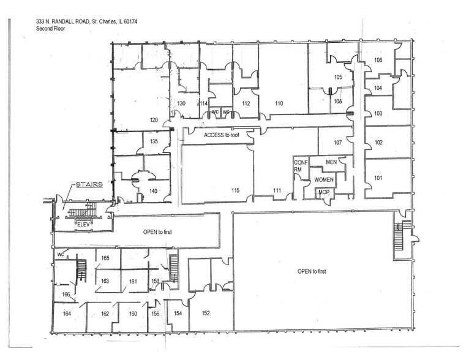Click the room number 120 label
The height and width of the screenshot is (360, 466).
154,119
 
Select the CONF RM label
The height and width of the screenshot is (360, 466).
299,166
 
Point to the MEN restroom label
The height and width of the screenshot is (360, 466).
331,162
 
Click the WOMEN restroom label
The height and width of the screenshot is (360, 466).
324,180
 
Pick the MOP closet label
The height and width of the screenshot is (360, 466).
323,193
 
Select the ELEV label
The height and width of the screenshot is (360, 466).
83,224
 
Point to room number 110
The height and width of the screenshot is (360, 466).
279,104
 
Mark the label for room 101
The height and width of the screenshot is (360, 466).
378,179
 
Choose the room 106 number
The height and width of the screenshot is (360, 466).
378,60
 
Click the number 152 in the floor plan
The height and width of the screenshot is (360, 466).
206,313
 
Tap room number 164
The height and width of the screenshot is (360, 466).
66,313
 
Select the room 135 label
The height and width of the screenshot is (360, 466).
154,141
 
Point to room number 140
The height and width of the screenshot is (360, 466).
154,192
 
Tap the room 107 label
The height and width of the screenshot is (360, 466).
337,143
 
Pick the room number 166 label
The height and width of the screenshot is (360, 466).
66,295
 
